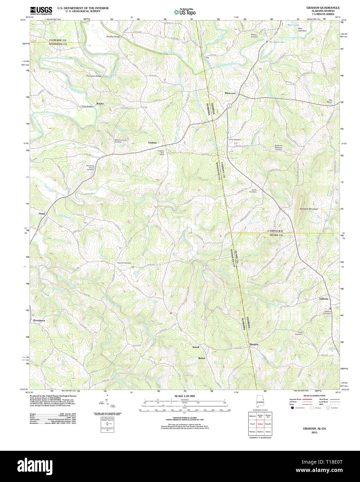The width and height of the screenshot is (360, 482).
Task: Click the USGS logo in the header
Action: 41,10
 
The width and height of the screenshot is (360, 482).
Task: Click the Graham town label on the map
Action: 152,143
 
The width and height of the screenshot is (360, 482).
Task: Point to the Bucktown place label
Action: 230,93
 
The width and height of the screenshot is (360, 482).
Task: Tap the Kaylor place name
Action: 100,104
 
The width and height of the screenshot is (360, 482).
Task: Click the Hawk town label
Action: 42,214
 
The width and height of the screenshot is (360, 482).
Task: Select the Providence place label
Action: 39,320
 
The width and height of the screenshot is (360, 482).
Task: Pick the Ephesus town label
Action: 324,299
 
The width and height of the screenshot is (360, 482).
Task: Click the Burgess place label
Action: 254,344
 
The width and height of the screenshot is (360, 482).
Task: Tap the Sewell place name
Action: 196,347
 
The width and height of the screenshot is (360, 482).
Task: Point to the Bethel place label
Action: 202,358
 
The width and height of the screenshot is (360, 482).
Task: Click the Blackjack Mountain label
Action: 309,209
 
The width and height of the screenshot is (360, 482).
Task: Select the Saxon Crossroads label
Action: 124,263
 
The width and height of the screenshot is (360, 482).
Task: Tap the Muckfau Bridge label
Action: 113,36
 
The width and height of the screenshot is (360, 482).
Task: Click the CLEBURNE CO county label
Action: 58,40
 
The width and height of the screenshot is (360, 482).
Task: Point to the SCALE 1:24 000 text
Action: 185,396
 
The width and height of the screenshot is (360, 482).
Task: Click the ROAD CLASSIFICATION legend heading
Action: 314,396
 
